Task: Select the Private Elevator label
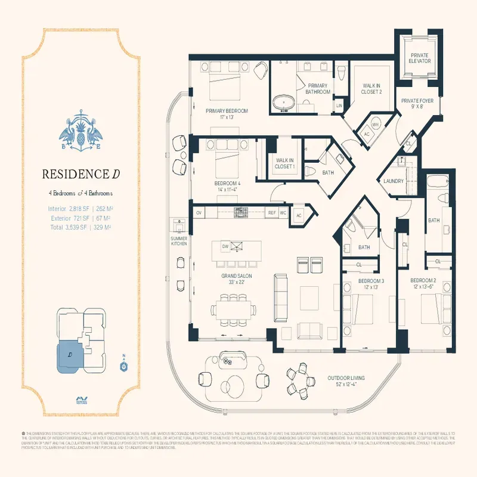tap(419, 58)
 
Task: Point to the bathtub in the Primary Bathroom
tap(284, 103)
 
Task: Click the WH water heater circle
tap(375, 125)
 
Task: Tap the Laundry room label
tap(394, 181)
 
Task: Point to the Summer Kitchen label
tap(179, 241)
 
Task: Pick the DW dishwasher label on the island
tap(225, 246)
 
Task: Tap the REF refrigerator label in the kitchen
tap(272, 212)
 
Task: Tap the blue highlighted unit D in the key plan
tap(70, 355)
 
